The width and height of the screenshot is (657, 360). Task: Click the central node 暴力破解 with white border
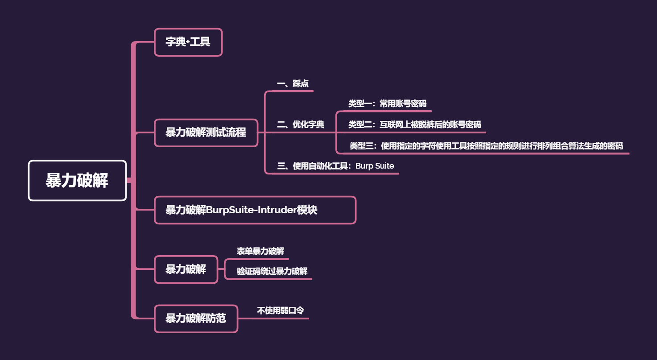pos(77,181)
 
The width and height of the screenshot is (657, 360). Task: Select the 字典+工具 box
pos(188,42)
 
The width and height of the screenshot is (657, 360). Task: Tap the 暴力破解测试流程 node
pos(206,132)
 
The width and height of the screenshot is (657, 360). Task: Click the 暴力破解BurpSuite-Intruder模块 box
pos(255,210)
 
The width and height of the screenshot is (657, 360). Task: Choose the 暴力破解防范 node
pos(196,319)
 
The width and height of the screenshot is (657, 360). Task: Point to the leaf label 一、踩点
pos(293,83)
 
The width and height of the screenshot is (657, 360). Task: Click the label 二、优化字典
pos(301,124)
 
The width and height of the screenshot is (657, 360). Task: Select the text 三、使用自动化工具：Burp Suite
pos(335,166)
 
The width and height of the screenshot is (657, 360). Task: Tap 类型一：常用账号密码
pos(387,103)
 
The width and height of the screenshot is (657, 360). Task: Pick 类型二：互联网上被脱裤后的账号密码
pos(414,124)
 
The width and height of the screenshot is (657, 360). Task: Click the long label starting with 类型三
pos(486,145)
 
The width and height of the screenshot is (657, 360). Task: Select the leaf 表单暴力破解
pos(260,251)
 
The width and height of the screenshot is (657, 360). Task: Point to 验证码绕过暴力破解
pos(272,271)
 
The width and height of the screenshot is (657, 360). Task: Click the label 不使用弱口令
pos(281,310)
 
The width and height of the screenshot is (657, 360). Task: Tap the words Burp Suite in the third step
pos(375,166)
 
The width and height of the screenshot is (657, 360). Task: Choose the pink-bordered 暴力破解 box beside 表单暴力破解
pos(186,269)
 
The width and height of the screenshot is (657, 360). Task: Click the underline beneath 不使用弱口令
pos(281,318)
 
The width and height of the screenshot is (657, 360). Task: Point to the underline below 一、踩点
pos(293,91)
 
